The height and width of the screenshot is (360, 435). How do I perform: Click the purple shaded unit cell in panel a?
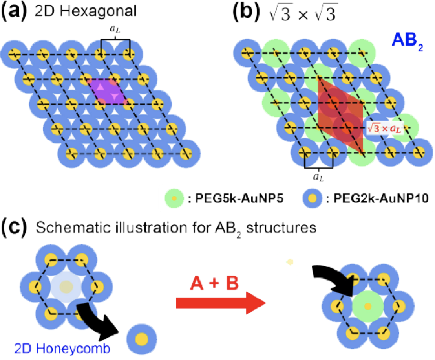click(x=108, y=91)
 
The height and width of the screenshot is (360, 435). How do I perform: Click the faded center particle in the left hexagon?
click(x=67, y=286)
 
